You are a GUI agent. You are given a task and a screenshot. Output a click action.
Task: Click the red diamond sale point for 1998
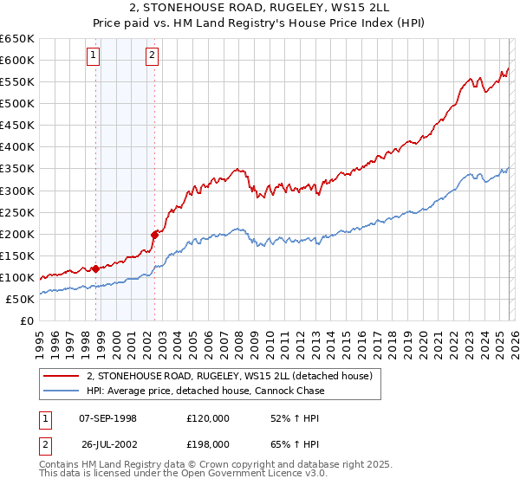tap(95, 268)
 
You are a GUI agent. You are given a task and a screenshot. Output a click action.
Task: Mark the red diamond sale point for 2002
tap(154, 234)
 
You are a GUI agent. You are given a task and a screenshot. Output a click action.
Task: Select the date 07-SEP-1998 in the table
tap(107, 418)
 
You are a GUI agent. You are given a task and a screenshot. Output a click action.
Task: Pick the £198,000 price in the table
tap(208, 445)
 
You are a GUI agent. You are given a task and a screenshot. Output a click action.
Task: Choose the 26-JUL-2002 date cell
tap(107, 445)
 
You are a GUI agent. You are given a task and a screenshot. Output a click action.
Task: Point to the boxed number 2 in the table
tap(45, 445)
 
